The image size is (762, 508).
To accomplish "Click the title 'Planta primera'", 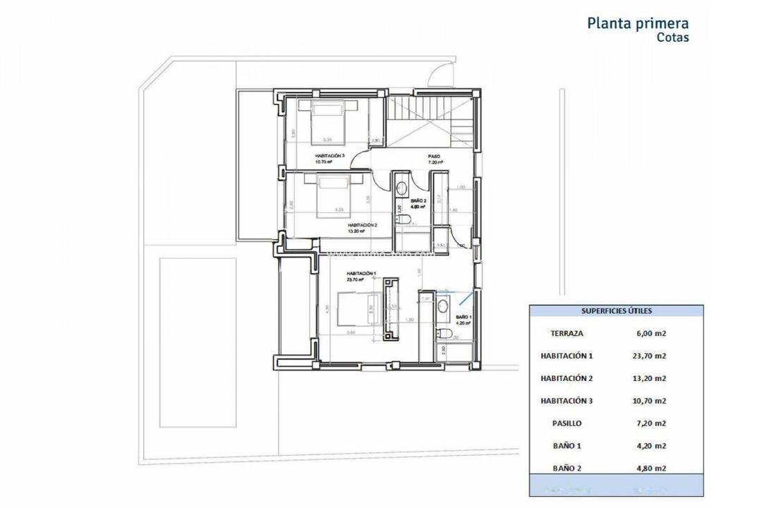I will (x=638, y=23).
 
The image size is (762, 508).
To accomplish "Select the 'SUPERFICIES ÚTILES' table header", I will (x=616, y=310).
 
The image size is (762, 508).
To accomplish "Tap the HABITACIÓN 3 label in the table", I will (x=567, y=401).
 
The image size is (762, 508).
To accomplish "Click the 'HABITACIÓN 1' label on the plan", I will (x=360, y=273).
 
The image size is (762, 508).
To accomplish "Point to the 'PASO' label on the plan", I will (x=434, y=156).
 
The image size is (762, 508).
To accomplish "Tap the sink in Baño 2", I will (x=401, y=188).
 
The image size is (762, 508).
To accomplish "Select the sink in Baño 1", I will (x=442, y=306).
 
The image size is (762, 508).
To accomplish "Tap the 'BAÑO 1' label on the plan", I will (x=462, y=317).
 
